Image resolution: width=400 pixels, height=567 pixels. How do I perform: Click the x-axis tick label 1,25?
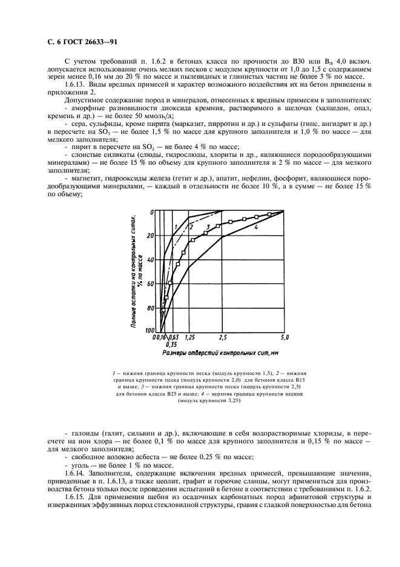pos(189,336)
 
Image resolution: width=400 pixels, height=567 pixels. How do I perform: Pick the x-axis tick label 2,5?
pos(223,336)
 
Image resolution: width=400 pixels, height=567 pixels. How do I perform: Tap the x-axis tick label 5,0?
pos(284,336)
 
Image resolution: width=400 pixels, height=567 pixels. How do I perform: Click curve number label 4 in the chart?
pos(257,227)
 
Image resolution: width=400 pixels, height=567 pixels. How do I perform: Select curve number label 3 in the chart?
pos(208,227)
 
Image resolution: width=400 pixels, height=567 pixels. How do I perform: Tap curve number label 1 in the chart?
pos(175,227)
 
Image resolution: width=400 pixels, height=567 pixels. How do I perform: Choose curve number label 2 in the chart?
pos(191,227)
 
